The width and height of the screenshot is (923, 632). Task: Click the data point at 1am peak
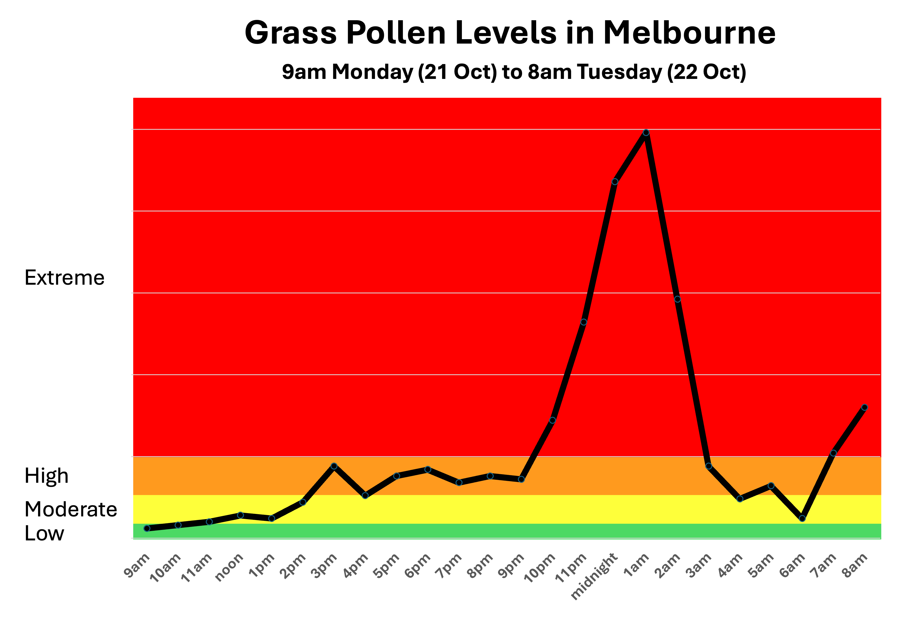[x=646, y=133]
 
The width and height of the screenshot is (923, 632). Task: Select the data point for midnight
[x=615, y=182]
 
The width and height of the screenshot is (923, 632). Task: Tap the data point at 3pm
[x=334, y=466]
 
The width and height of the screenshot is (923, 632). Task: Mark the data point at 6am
[x=802, y=518]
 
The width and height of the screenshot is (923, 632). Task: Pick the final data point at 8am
[x=865, y=407]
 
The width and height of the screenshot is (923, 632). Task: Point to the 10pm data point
[x=552, y=420]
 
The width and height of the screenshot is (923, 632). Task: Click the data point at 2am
[x=677, y=299]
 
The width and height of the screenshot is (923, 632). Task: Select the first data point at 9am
[x=147, y=528]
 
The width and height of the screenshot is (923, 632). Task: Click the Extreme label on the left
[x=64, y=278]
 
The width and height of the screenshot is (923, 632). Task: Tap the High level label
[x=46, y=476]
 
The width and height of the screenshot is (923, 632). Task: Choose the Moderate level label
[x=71, y=509]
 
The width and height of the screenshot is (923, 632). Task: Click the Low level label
[x=44, y=533]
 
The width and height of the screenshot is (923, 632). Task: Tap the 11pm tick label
[x=570, y=568]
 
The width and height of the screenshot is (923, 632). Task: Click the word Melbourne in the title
[x=689, y=33]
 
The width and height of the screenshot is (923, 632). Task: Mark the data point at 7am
[x=834, y=453]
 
